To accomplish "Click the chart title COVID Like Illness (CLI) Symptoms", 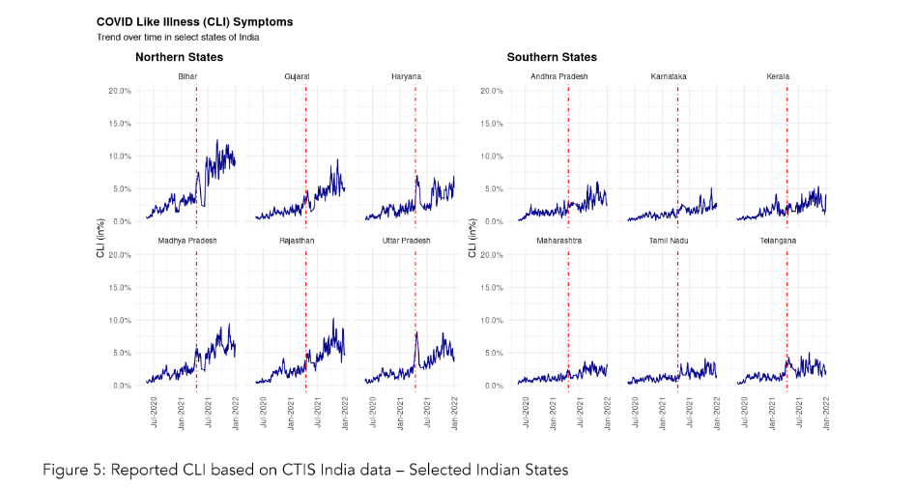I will (194, 21).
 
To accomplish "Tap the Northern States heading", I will (179, 57).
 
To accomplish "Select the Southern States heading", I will (552, 57).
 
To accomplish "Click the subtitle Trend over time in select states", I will (177, 37).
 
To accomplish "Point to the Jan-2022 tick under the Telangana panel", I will (826, 412).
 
